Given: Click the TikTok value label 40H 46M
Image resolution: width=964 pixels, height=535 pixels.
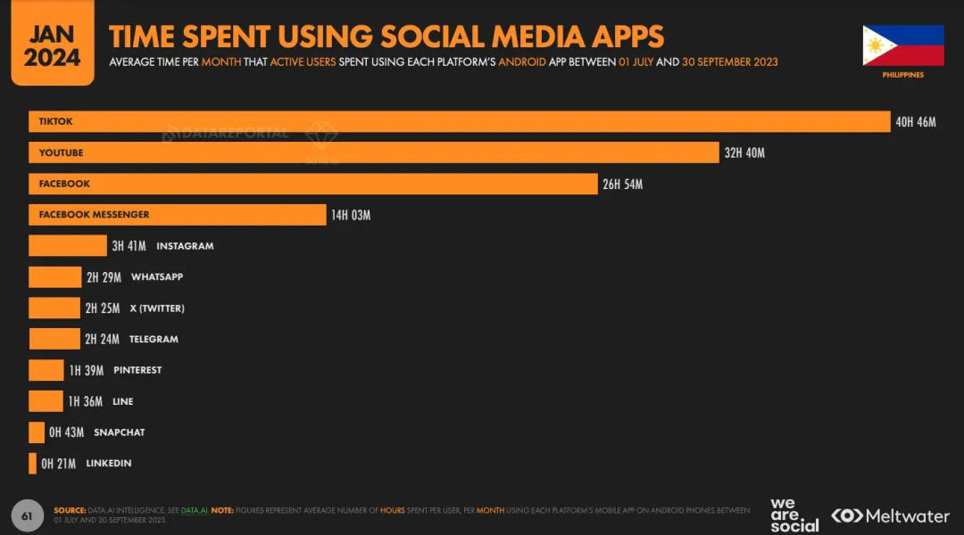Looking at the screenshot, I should coord(915,122).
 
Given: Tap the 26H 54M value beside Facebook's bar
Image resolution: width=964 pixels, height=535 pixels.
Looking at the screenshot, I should coord(622,185).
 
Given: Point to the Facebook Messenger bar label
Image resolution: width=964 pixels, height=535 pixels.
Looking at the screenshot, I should coord(94,215).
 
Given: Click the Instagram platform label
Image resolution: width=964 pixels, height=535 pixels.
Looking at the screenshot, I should coord(185,246).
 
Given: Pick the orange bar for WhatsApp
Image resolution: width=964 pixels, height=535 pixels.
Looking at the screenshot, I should coord(54,277).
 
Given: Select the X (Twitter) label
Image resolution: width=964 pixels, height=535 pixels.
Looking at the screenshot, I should coord(157,309).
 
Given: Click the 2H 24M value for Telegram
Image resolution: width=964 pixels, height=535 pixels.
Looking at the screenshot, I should coord(103,340).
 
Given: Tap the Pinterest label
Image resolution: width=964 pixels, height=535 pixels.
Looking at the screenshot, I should coord(137,370).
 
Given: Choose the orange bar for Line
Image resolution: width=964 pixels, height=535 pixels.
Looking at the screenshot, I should coord(46,401).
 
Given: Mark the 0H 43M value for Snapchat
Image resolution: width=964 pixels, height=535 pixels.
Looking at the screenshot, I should coord(66,432).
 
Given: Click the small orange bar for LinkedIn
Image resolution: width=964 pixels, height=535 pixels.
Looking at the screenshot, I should coord(33,464).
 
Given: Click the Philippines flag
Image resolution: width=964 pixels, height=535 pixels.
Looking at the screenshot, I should coord(902,45).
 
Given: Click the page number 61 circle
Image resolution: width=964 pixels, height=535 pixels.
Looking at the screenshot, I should coord(27,515).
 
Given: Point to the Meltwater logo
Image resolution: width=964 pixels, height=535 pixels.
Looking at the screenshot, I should coord(890,515).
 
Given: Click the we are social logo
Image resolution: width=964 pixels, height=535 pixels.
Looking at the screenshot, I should coord(794,515).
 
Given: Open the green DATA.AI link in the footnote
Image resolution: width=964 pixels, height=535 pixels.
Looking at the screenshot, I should coord(194,510).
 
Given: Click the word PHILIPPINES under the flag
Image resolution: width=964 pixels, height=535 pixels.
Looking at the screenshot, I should coord(902,75).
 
